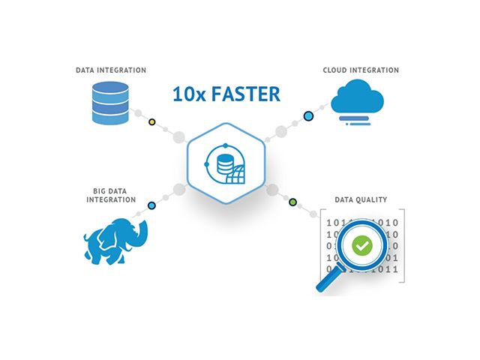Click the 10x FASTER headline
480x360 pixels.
[x=225, y=94]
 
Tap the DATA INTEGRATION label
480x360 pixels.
[x=111, y=70]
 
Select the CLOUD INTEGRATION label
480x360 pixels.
[x=361, y=70]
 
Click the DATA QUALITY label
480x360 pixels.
[x=360, y=199]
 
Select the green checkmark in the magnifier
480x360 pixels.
[x=362, y=244]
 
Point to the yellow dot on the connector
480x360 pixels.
[x=152, y=121]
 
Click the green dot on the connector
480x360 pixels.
[x=292, y=202]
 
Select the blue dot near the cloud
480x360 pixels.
[x=307, y=116]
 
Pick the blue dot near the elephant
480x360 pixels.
[x=151, y=205]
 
